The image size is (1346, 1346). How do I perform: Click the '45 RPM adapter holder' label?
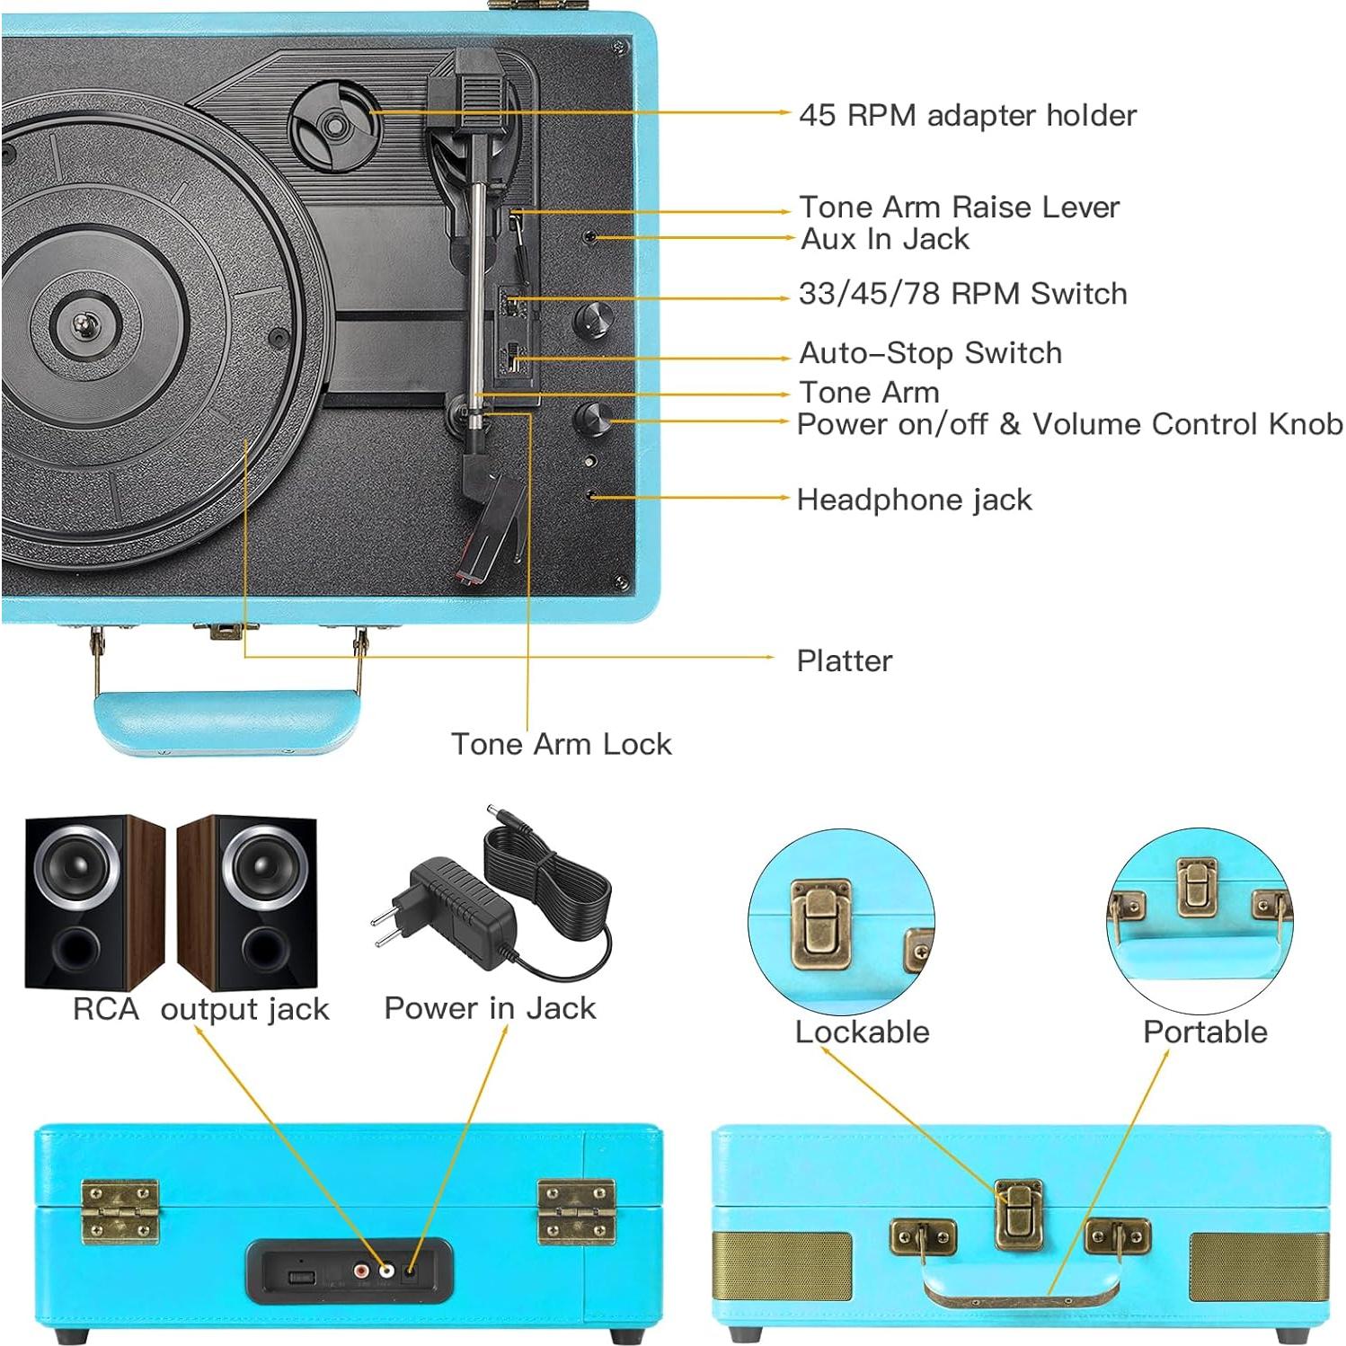pos(967,115)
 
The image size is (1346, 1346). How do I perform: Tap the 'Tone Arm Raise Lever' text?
pos(959,207)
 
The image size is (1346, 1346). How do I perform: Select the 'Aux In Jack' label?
pos(885,239)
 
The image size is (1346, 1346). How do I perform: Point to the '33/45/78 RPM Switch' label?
pos(962,293)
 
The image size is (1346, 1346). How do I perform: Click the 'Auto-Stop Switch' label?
pos(930,353)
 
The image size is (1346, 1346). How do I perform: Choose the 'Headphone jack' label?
pos(914,500)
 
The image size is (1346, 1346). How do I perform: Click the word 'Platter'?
pos(844,660)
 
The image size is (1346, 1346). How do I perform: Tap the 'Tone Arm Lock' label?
pos(561,744)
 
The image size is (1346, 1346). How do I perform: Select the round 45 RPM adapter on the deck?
pos(333,125)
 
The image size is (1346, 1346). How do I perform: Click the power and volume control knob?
pos(592,418)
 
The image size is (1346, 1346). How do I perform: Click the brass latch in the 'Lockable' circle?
pos(819,924)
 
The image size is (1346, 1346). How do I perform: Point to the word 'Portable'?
pos(1204,1032)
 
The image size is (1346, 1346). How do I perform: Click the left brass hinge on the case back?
pos(120,1211)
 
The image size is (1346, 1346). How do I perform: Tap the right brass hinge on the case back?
pos(576,1211)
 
